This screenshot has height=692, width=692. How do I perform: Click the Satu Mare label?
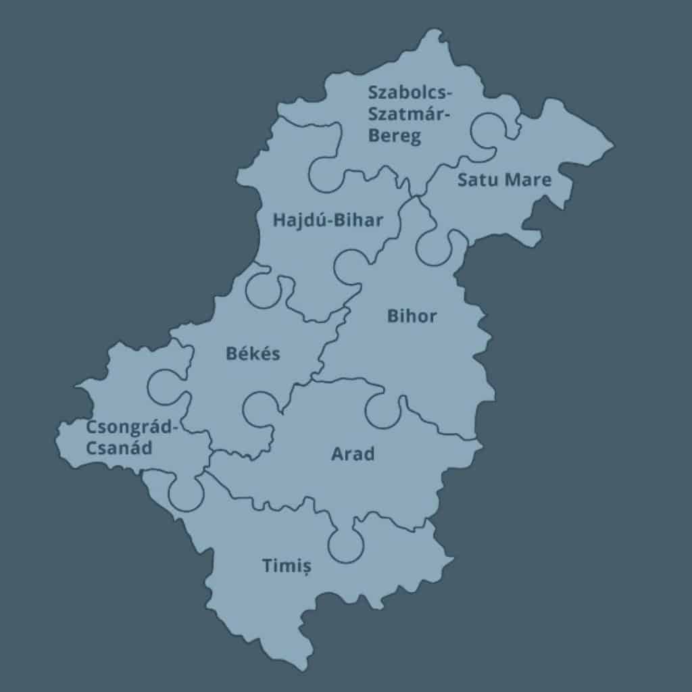pyautogui.click(x=504, y=180)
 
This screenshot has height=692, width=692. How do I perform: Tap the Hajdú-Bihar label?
pyautogui.click(x=328, y=220)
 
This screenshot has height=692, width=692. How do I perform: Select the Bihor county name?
pyautogui.click(x=412, y=316)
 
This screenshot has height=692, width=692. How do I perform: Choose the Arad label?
pyautogui.click(x=352, y=453)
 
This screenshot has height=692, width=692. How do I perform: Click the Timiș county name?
pyautogui.click(x=287, y=566)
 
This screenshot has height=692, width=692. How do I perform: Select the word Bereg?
pyautogui.click(x=395, y=135)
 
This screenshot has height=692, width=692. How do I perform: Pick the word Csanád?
pyautogui.click(x=118, y=447)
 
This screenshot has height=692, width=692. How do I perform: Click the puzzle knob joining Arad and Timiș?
pyautogui.click(x=346, y=543)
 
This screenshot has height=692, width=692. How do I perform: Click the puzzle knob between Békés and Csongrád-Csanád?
pyautogui.click(x=165, y=386)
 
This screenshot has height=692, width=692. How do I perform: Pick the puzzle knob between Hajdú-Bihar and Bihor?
pyautogui.click(x=352, y=266)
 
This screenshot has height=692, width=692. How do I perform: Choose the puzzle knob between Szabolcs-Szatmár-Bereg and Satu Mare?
pyautogui.click(x=490, y=130)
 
